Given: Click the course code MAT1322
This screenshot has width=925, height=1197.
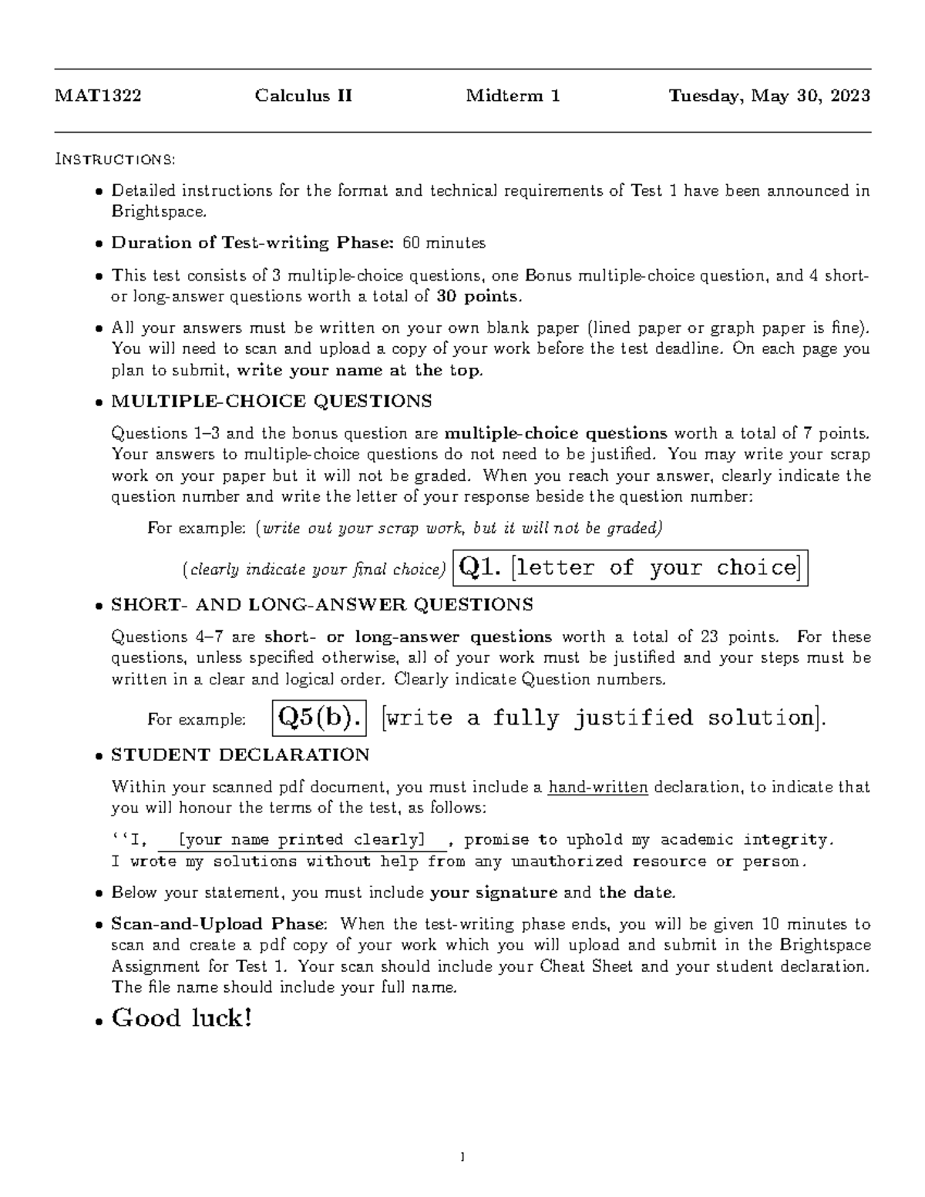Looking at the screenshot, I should click(x=98, y=96).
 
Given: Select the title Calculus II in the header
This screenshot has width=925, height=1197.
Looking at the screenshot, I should click(x=304, y=96).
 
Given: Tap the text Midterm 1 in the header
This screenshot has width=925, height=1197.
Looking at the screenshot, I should click(x=513, y=96).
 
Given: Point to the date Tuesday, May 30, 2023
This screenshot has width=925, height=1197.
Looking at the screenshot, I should click(x=769, y=96).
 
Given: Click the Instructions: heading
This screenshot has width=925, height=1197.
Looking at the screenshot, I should click(x=116, y=160).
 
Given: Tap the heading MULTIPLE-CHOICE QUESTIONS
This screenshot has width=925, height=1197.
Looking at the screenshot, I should click(x=271, y=402).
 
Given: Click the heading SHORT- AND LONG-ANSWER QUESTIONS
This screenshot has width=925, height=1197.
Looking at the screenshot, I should click(x=321, y=605).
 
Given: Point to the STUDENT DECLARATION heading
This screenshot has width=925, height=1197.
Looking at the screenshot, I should click(x=240, y=755).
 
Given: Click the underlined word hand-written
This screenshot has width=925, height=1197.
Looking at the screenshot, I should click(x=597, y=788).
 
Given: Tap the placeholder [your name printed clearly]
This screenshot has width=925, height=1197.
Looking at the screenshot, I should click(x=301, y=839).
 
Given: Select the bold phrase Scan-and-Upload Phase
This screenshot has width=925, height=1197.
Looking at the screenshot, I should click(x=219, y=924).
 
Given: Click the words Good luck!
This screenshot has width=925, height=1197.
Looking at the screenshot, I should click(x=182, y=1019).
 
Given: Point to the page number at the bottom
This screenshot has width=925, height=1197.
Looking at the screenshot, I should click(x=462, y=1156).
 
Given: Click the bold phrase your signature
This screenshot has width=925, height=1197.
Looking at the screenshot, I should click(x=493, y=893).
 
